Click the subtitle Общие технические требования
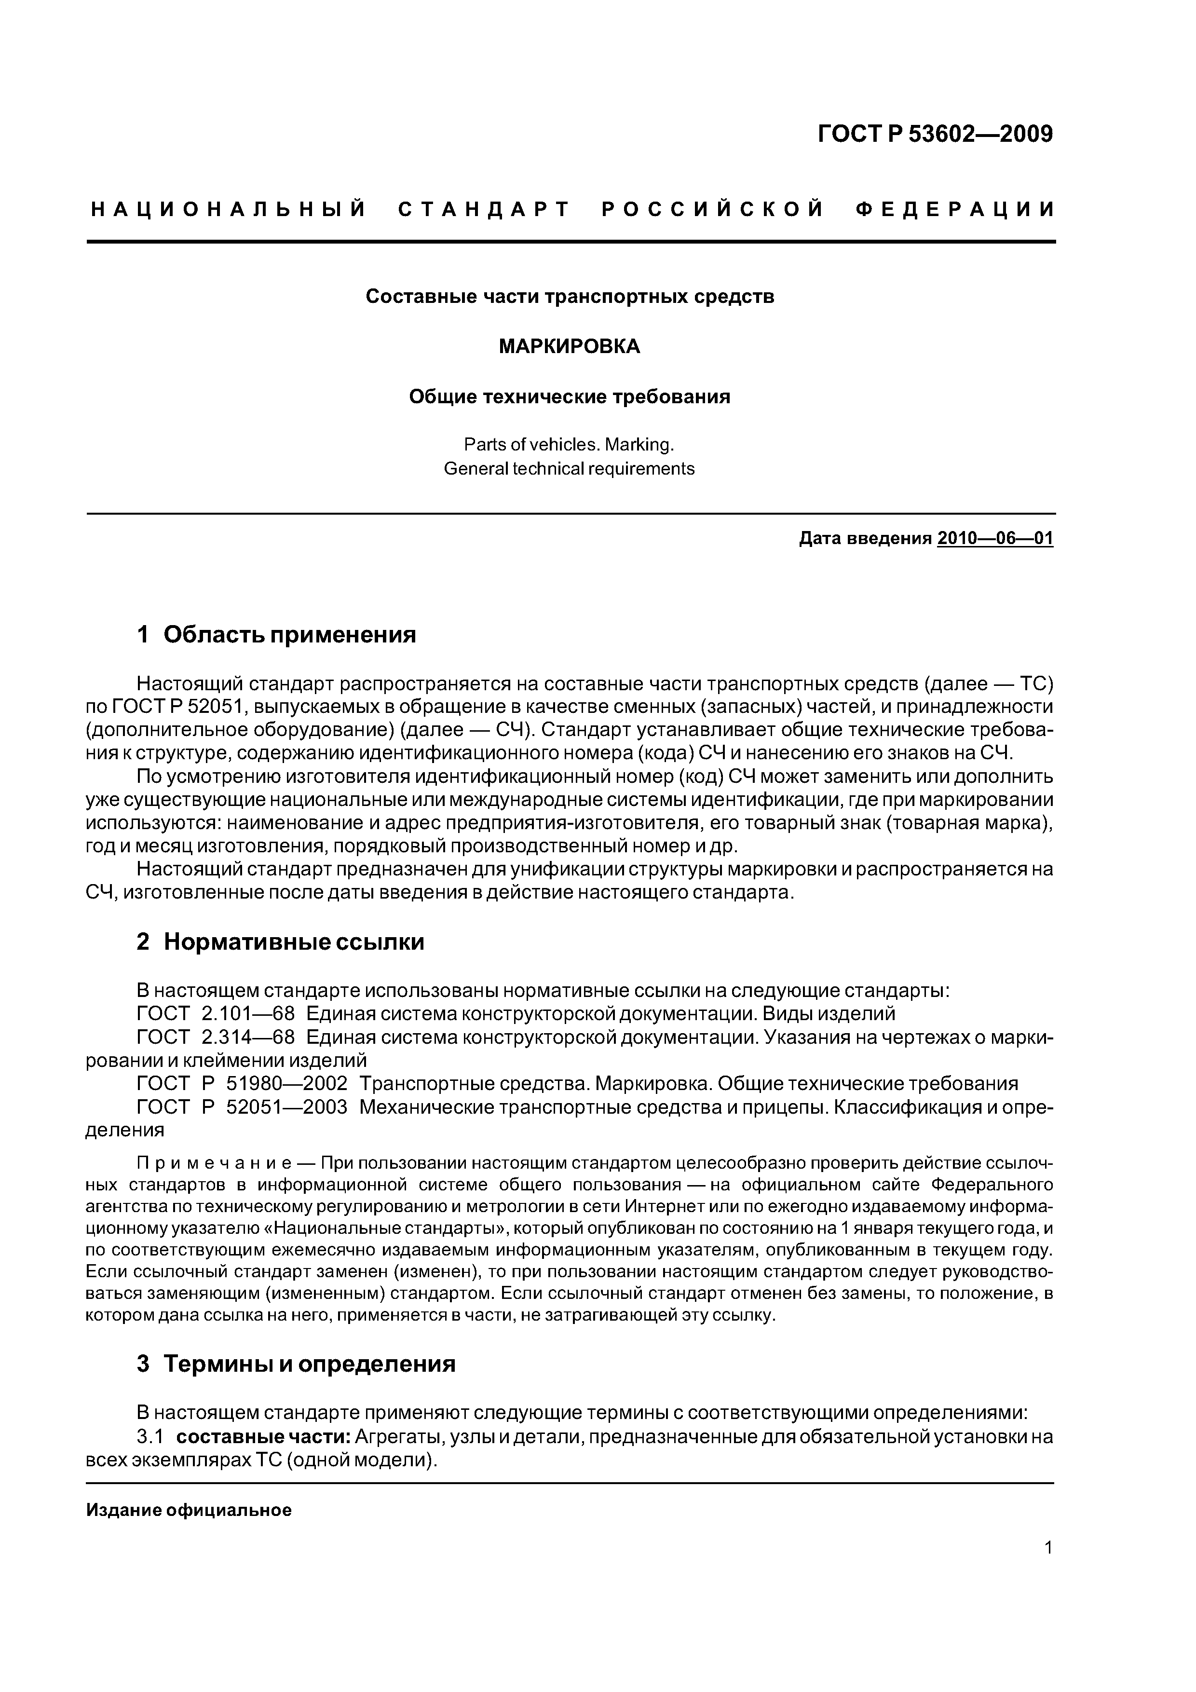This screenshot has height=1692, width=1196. point(570,397)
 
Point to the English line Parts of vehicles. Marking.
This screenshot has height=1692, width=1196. point(570,445)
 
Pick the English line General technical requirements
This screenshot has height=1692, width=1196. point(570,469)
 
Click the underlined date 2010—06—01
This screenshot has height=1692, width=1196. point(995,539)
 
